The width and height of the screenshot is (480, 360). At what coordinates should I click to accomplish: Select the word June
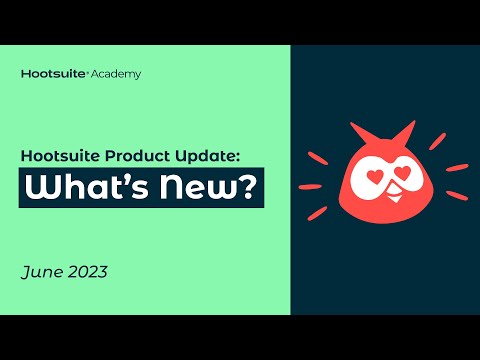coord(41,272)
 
